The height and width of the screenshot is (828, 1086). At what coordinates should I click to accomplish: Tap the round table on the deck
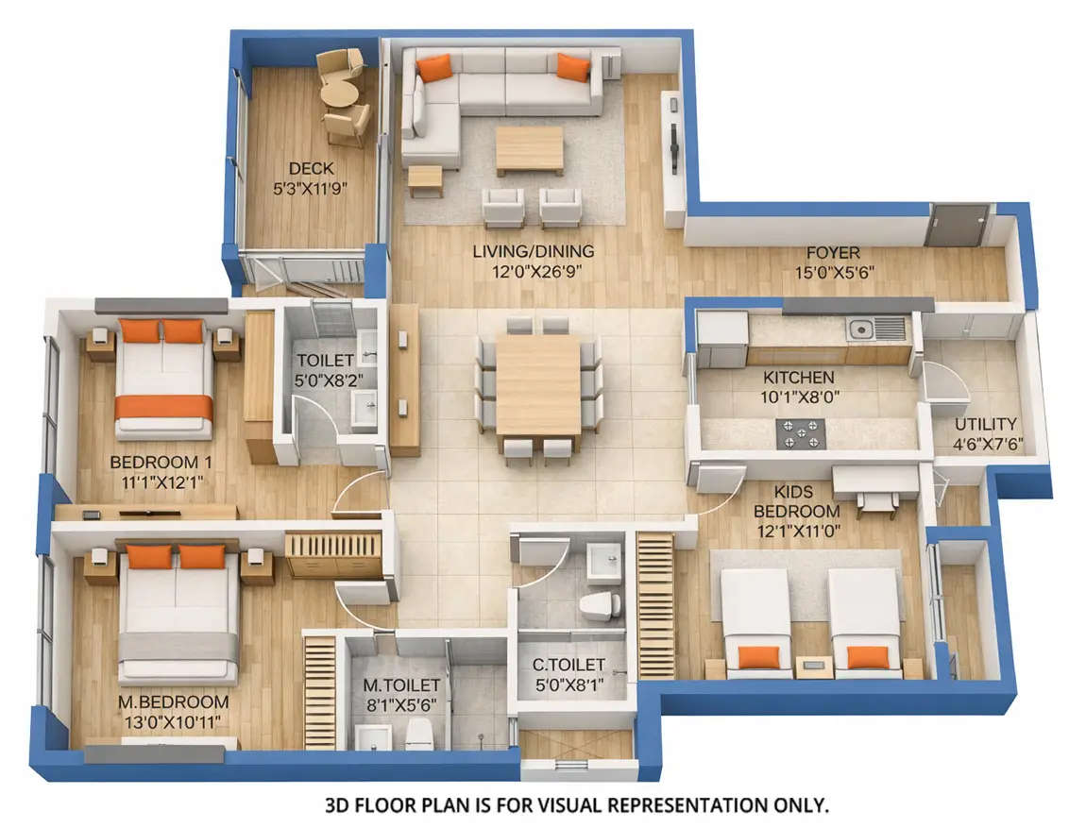coord(339,94)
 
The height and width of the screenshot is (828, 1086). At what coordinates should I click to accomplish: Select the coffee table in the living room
coord(529,150)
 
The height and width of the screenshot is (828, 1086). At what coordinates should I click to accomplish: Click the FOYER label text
coord(832,253)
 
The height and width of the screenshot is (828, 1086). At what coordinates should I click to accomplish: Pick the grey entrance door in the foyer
coord(957,226)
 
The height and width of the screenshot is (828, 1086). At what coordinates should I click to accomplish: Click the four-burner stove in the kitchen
coord(799,434)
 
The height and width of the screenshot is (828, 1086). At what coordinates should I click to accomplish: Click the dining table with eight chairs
coord(538,383)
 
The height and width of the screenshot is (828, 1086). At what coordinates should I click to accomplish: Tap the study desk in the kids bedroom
coord(875,482)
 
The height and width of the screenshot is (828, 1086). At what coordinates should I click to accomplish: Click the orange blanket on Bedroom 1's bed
coord(163,406)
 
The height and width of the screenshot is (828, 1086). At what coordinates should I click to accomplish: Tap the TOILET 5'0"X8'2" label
coord(326,361)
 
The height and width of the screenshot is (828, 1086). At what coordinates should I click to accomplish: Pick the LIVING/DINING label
coord(534,252)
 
